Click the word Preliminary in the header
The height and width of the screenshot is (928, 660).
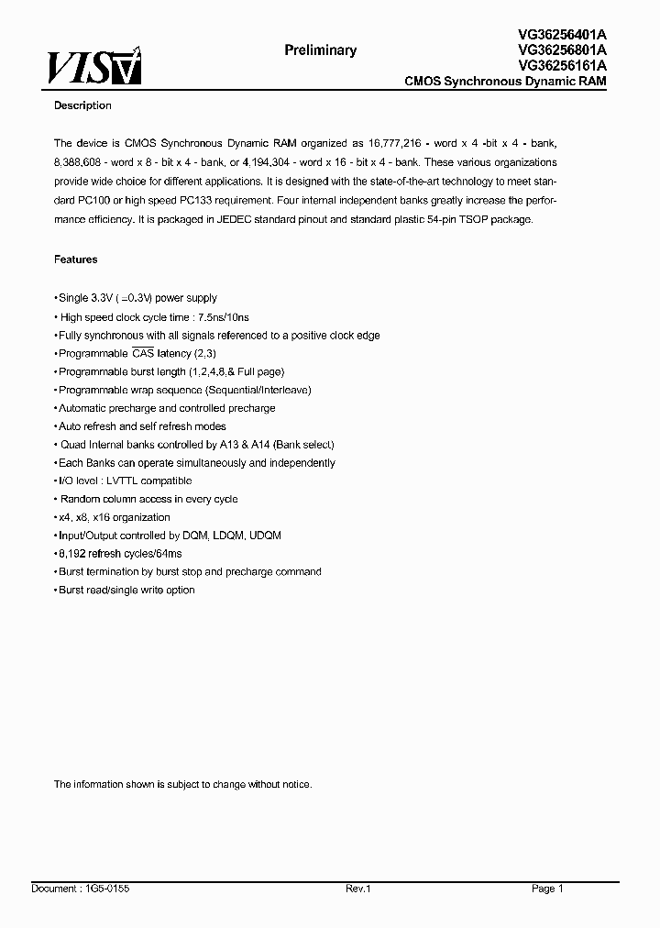(x=320, y=50)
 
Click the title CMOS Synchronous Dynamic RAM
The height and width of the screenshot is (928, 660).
(x=505, y=82)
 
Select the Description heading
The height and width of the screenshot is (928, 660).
(x=82, y=105)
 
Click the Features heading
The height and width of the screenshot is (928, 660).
(x=75, y=260)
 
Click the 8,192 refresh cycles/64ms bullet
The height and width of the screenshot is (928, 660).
(x=119, y=554)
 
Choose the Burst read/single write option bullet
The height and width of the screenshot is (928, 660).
(x=126, y=590)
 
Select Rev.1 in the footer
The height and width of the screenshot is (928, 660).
(x=357, y=889)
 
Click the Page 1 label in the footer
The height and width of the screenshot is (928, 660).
(x=546, y=889)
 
